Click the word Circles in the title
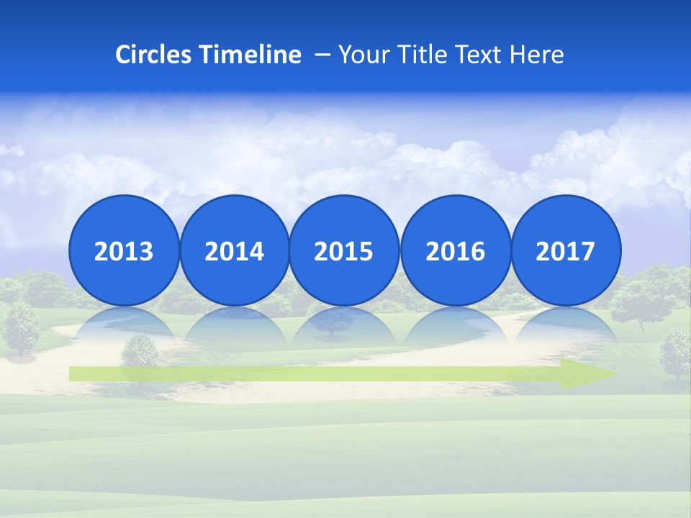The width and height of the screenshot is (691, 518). [x=152, y=55]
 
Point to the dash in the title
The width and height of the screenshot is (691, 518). [x=322, y=55]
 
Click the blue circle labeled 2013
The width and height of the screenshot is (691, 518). [x=124, y=250]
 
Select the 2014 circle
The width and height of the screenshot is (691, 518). [x=234, y=250]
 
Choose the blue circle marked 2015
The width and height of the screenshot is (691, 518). [x=344, y=250]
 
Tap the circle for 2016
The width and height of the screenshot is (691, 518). [x=456, y=250]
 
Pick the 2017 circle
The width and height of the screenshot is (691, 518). [x=566, y=250]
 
